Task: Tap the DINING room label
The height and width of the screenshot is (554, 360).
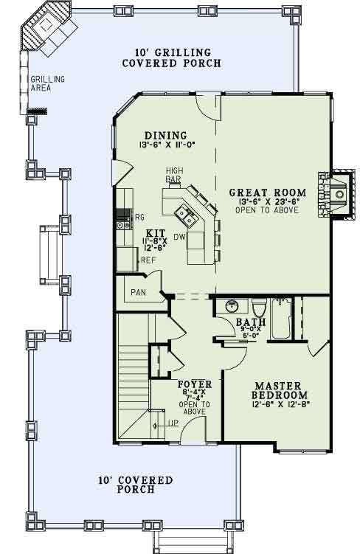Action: (165, 135)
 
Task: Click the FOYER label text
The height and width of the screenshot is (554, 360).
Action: (195, 384)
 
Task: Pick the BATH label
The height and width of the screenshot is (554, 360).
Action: (246, 322)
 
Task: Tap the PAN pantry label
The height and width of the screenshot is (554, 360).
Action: (138, 293)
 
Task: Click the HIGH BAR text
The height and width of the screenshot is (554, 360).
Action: (174, 175)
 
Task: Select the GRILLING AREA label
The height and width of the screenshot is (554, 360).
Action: (47, 83)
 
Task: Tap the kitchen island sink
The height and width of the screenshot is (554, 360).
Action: (184, 215)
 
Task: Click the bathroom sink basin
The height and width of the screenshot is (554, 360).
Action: (230, 305)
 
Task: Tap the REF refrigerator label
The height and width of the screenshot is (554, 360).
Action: (147, 260)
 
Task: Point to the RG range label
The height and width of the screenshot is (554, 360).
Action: (139, 216)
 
